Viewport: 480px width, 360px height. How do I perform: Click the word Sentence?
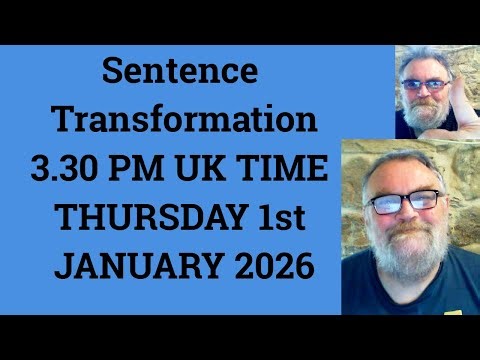(x=180, y=73)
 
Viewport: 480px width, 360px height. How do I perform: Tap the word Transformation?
(x=185, y=121)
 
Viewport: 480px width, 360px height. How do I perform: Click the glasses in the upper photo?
(x=424, y=85)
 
